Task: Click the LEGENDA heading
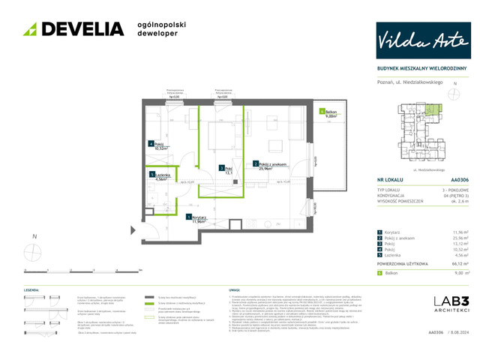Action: click(31, 289)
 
